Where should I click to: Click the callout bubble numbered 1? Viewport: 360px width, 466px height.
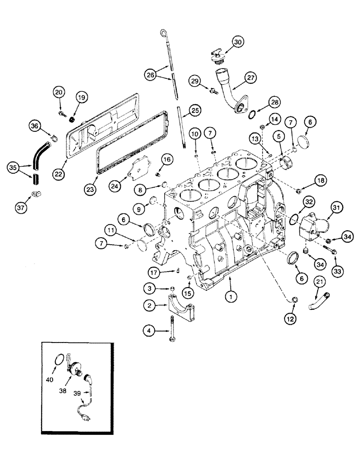[229, 295]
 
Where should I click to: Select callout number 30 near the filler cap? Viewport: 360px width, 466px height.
[238, 42]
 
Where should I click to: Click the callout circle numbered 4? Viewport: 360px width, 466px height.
[149, 331]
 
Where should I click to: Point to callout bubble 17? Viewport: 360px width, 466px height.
[155, 272]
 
